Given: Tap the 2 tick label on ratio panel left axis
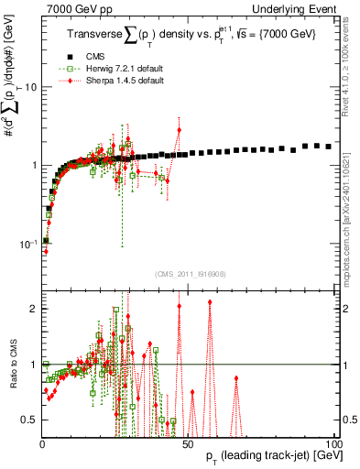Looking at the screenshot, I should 32,309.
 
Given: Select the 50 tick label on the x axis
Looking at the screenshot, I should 188,442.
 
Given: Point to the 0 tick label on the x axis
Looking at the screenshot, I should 42,442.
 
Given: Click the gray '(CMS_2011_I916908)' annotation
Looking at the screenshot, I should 189,273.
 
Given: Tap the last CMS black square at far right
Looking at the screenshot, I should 328,147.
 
